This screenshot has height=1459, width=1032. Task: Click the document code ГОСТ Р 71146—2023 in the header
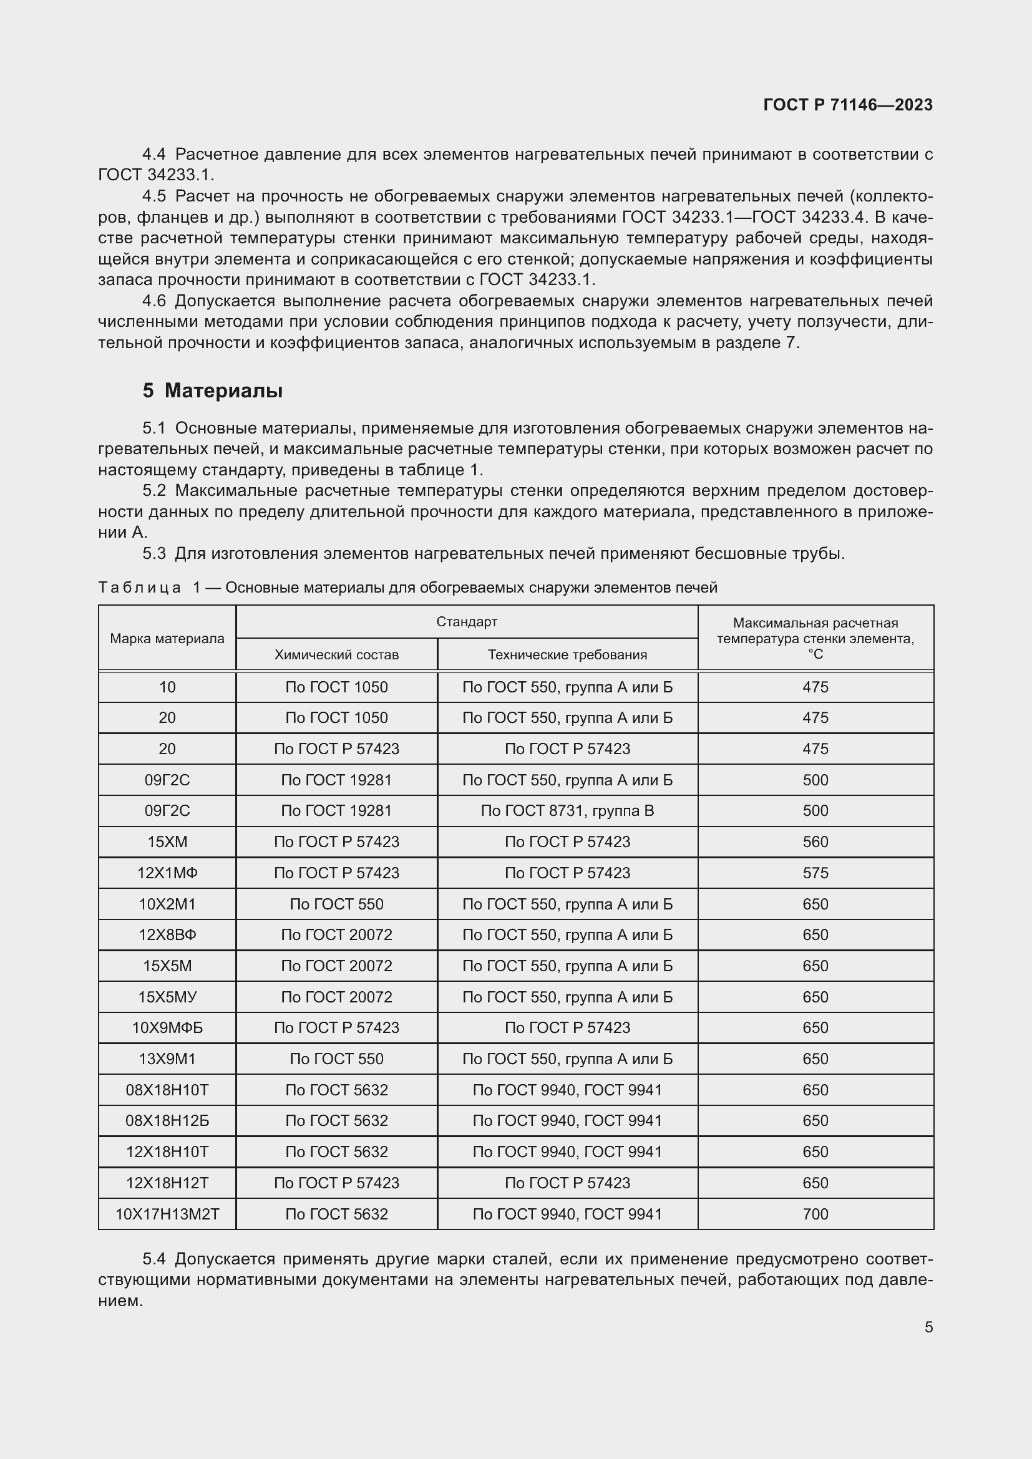coord(847,105)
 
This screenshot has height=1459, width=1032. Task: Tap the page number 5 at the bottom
coord(928,1327)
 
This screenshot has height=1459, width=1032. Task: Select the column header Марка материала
coord(167,639)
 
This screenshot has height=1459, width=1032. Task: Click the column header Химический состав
coord(336,654)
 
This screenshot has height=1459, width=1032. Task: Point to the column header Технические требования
coord(567,654)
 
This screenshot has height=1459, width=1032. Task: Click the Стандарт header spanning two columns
coord(467,621)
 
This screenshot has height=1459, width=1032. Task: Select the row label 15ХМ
coord(167,842)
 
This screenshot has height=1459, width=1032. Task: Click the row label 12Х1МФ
coord(167,873)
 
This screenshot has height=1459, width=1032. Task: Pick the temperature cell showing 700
coord(815,1214)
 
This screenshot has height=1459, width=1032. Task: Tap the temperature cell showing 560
coord(815,842)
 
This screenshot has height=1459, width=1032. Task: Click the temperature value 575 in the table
coord(815,873)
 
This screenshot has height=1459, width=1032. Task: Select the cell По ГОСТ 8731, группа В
coord(567,811)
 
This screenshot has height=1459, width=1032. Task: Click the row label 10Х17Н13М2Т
coord(167,1214)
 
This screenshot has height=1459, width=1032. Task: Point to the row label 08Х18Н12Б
coord(167,1121)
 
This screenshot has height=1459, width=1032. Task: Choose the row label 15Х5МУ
coord(167,997)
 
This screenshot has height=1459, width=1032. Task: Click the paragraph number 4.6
coord(153,301)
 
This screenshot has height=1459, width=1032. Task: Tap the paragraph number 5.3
coord(153,553)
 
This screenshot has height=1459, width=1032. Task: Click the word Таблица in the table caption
coord(139,588)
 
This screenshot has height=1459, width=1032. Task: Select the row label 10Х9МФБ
coord(167,1028)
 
